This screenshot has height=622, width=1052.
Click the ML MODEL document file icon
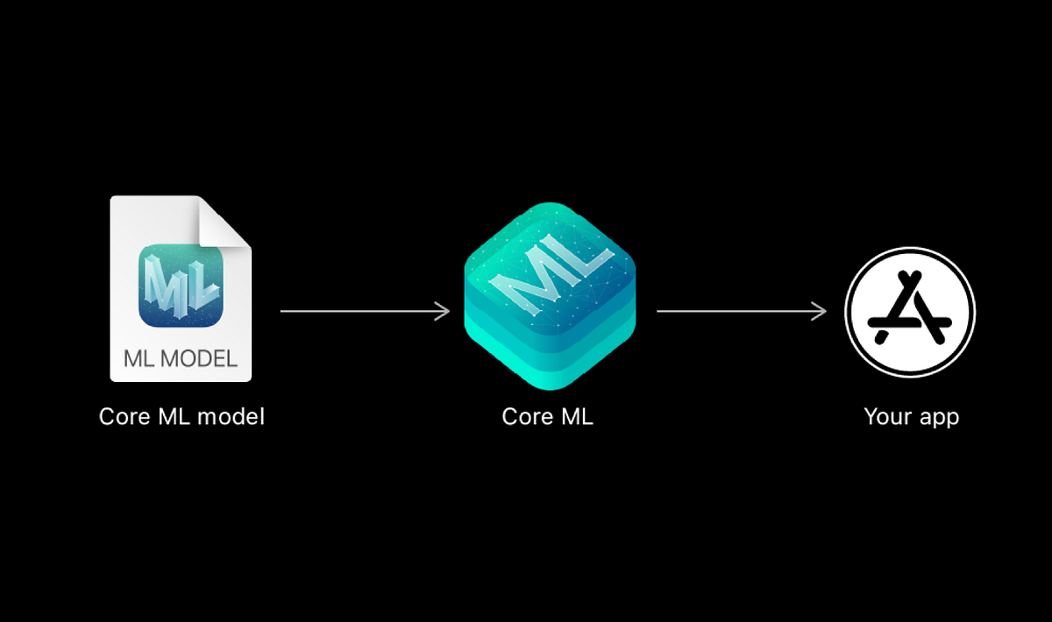click(181, 289)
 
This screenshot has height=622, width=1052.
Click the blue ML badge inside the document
click(181, 286)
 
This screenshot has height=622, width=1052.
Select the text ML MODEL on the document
click(181, 358)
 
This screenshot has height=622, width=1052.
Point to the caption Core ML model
click(181, 416)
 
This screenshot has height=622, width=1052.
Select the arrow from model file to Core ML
click(364, 311)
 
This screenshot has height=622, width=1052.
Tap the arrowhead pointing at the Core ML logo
click(444, 311)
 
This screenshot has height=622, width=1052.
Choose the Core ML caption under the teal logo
click(547, 416)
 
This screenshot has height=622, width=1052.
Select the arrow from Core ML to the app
click(741, 311)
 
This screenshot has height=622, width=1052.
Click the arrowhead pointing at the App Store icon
click(821, 311)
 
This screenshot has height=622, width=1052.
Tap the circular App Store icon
click(910, 312)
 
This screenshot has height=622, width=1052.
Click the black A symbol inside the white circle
click(910, 310)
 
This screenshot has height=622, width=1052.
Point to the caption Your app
click(911, 416)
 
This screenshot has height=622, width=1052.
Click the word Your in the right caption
click(887, 416)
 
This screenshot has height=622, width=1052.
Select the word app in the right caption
click(938, 418)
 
